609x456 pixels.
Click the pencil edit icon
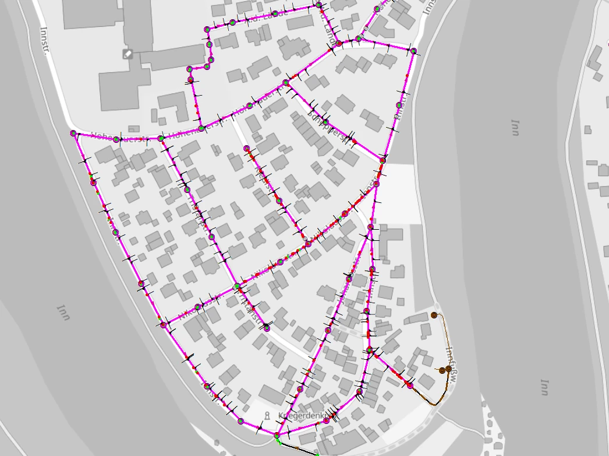point(128,54)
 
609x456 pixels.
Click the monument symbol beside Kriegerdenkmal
point(267,416)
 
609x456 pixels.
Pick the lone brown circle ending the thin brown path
point(434,315)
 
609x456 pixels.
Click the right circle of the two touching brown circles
point(448,369)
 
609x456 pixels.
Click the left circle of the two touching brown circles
point(442,370)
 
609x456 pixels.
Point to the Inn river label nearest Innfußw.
point(544,387)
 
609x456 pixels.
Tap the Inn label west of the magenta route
point(64,313)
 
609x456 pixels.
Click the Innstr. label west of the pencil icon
point(47,38)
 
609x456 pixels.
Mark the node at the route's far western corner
point(73,134)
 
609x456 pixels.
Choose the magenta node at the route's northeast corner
point(413,51)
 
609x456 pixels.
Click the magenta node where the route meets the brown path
point(410,385)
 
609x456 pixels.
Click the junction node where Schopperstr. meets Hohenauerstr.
point(285,83)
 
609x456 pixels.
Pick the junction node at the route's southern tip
point(277,435)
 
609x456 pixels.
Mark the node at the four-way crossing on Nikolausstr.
point(236,287)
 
